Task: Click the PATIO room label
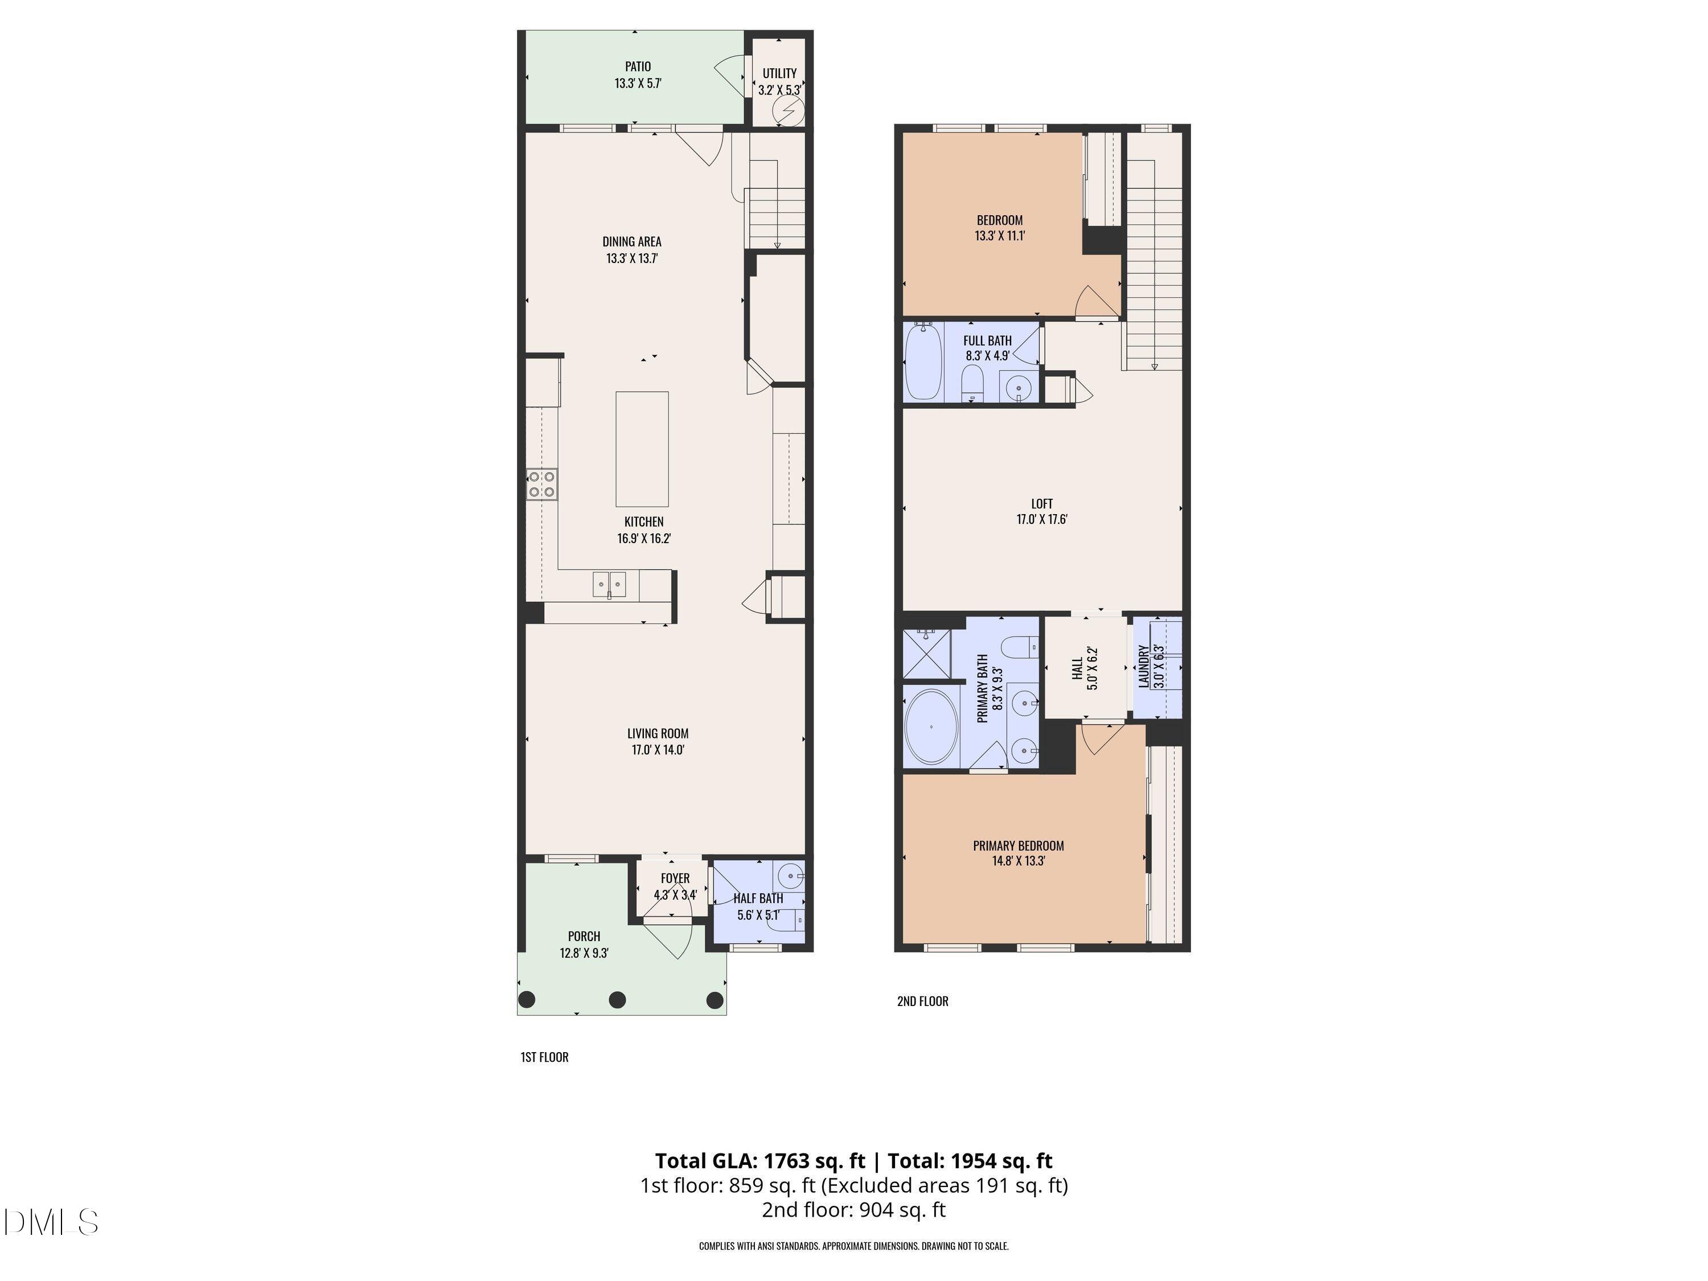point(638,67)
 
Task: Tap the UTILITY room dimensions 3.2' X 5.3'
point(779,89)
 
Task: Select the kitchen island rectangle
point(642,449)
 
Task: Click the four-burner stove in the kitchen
point(541,484)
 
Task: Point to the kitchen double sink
point(609,585)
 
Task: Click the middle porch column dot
point(617,1000)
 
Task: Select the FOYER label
point(675,878)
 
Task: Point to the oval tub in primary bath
point(931,726)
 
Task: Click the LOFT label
point(1042,503)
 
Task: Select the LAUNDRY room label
point(1144,666)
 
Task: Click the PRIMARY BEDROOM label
point(1018,845)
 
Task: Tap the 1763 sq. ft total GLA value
point(814,1160)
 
